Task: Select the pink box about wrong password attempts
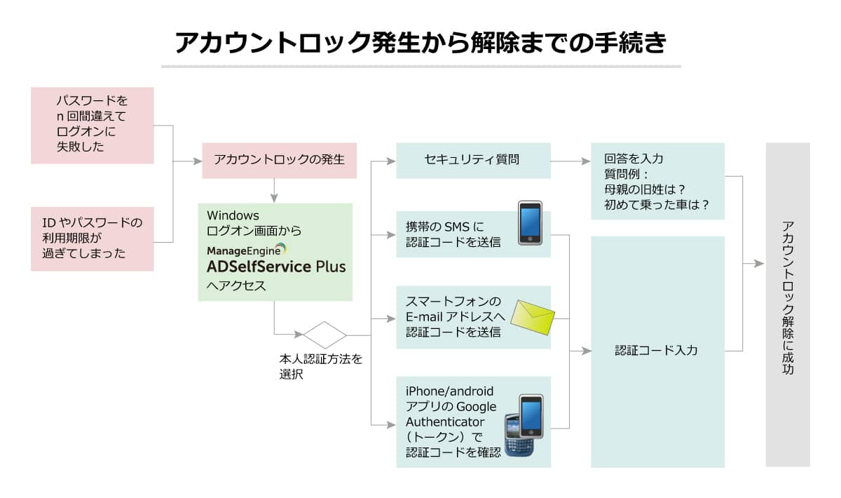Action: click(92, 125)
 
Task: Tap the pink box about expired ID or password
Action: click(92, 238)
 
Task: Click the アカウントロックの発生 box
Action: click(279, 159)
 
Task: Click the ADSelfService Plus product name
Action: click(276, 267)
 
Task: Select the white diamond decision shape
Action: click(324, 335)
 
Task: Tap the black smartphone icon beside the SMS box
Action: click(531, 224)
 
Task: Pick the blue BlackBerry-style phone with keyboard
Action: click(519, 434)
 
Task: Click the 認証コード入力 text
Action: click(656, 350)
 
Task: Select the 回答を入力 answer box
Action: click(657, 181)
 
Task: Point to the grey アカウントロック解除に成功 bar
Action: click(787, 304)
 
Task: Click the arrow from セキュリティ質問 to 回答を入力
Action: click(570, 161)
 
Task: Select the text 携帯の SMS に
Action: click(444, 227)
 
